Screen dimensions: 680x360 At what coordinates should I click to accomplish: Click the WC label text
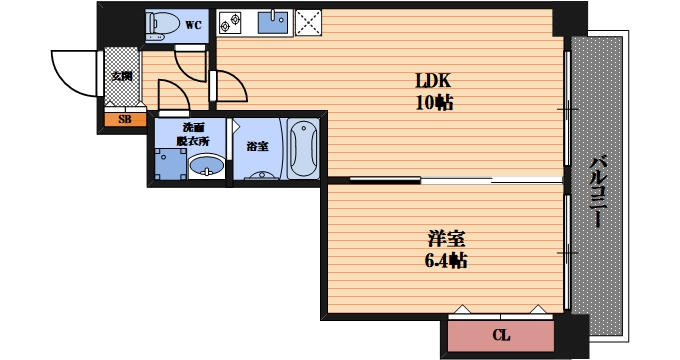tap(193, 25)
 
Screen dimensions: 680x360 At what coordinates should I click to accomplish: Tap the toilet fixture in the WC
tap(163, 26)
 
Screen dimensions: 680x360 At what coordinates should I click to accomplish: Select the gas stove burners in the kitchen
tap(230, 23)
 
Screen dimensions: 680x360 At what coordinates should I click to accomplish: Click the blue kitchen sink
tap(273, 23)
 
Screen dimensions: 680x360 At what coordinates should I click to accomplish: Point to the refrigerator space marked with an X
tap(308, 23)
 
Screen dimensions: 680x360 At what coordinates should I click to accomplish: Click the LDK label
tap(433, 81)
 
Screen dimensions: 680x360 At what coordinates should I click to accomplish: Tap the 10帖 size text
tap(435, 103)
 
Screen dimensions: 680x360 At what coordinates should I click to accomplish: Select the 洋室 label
tap(446, 239)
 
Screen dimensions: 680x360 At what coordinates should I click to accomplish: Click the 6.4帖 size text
tap(446, 261)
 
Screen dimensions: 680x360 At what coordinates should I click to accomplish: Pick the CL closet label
tap(501, 335)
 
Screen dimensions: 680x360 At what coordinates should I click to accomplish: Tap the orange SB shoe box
tap(125, 119)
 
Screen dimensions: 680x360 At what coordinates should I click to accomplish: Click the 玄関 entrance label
tap(122, 76)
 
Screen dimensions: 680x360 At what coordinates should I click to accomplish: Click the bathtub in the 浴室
tap(304, 148)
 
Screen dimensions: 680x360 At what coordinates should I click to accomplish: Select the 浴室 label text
tap(258, 147)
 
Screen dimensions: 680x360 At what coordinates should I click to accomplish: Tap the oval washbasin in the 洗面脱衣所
tap(207, 166)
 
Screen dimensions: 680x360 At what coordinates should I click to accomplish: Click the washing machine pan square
tap(170, 164)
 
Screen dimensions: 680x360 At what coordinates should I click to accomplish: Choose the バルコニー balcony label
tap(598, 191)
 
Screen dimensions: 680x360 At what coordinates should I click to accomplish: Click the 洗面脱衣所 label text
tap(193, 134)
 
